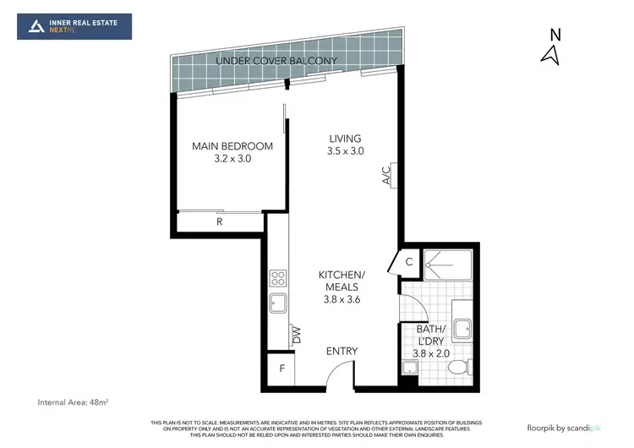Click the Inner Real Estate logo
pyautogui.click(x=74, y=26)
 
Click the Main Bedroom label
pyautogui.click(x=221, y=151)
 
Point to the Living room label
pyautogui.click(x=345, y=145)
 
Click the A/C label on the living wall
pyautogui.click(x=386, y=176)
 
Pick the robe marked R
pyautogui.click(x=219, y=223)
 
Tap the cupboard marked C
pyautogui.click(x=407, y=261)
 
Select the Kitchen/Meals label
pyautogui.click(x=342, y=287)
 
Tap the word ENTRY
pyautogui.click(x=342, y=352)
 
